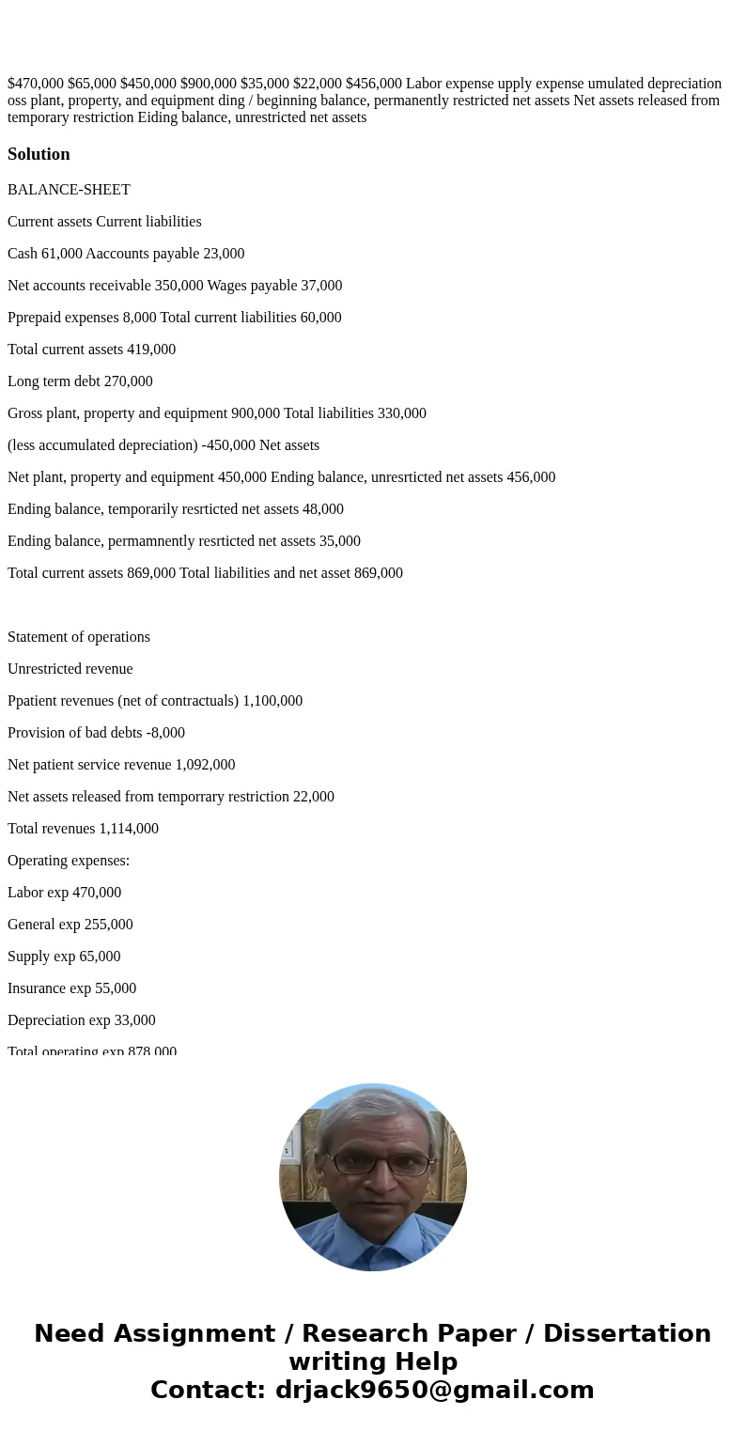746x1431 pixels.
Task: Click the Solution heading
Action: pyautogui.click(x=39, y=154)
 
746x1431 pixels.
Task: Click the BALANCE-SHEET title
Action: pyautogui.click(x=69, y=190)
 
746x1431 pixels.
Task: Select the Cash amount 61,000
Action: pyautogui.click(x=61, y=254)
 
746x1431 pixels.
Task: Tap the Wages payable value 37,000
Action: pyautogui.click(x=321, y=286)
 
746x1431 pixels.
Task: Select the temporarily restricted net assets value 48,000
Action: pyautogui.click(x=323, y=509)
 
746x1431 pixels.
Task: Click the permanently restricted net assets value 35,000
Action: pyautogui.click(x=340, y=541)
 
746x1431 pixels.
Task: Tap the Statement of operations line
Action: pyautogui.click(x=79, y=637)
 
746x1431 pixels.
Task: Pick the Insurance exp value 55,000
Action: pyautogui.click(x=116, y=988)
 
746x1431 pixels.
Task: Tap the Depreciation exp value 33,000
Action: pyautogui.click(x=135, y=1020)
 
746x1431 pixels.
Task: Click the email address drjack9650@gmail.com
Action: pyautogui.click(x=434, y=1390)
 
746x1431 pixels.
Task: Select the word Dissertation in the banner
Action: pyautogui.click(x=627, y=1333)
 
